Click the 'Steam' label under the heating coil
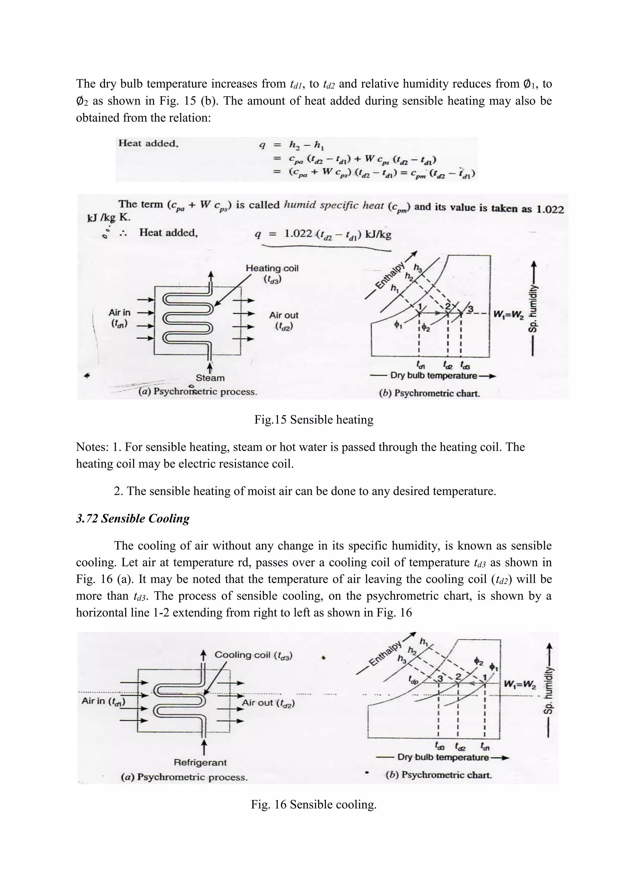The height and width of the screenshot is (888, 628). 210,378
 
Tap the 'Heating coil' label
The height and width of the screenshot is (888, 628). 272,268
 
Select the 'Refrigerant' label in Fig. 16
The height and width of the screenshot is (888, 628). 200,762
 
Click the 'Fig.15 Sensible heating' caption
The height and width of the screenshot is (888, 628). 314,420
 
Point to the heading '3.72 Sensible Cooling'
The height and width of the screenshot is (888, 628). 133,519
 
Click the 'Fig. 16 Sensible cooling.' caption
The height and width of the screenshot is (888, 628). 314,805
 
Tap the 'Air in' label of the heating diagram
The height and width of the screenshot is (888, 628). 120,312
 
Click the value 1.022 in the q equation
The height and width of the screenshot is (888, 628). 298,234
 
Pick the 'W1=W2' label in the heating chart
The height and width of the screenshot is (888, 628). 508,314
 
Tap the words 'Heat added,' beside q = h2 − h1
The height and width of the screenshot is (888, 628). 148,144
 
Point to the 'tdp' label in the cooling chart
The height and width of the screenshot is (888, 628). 413,680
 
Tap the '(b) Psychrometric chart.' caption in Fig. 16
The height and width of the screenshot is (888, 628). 438,775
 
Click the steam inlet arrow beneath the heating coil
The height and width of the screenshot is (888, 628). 210,366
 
